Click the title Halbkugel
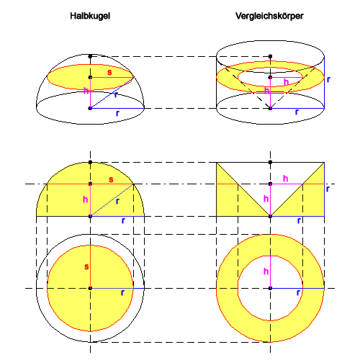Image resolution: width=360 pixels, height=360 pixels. pyautogui.click(x=90, y=16)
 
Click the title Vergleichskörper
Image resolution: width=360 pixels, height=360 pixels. pyautogui.click(x=269, y=16)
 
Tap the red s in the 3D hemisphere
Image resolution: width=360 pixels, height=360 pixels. pyautogui.click(x=109, y=72)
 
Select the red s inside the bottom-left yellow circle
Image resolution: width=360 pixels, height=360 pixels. pyautogui.click(x=86, y=266)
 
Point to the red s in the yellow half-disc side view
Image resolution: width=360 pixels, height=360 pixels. pyautogui.click(x=111, y=179)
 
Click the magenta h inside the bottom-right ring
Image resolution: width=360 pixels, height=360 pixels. pyautogui.click(x=266, y=271)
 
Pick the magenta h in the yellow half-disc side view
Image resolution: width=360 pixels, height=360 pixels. pyautogui.click(x=85, y=199)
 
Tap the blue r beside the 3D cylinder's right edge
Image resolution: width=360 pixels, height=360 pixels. pyautogui.click(x=328, y=79)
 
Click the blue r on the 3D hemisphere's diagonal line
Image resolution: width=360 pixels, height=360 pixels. pyautogui.click(x=116, y=95)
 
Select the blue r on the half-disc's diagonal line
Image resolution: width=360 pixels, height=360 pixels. pyautogui.click(x=117, y=201)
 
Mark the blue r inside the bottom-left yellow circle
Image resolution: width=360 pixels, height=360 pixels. pyautogui.click(x=122, y=292)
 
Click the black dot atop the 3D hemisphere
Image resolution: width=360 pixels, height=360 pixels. pyautogui.click(x=90, y=56)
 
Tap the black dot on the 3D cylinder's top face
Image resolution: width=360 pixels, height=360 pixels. pyautogui.click(x=270, y=56)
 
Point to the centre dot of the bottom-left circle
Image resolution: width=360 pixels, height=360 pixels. pyautogui.click(x=90, y=288)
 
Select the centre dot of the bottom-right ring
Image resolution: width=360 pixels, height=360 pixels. pyautogui.click(x=270, y=288)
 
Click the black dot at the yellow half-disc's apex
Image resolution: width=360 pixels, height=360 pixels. pyautogui.click(x=90, y=162)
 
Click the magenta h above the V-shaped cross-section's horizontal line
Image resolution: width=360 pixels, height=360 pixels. pyautogui.click(x=285, y=179)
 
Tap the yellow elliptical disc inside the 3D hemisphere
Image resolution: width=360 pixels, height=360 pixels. pyautogui.click(x=90, y=77)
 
